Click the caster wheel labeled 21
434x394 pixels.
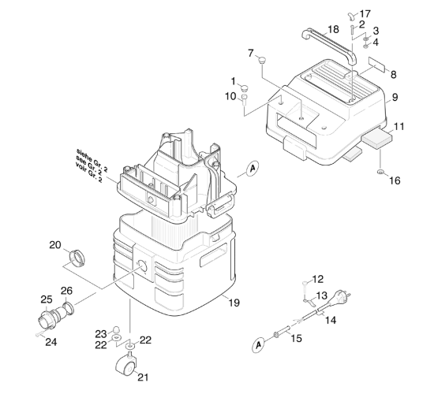[126, 365]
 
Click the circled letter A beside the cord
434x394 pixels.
[258, 345]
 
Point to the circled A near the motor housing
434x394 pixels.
[252, 168]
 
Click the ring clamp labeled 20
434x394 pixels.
[77, 258]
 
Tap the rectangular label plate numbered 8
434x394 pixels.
[376, 64]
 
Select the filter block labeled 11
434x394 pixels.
[377, 138]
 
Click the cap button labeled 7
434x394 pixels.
[262, 59]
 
